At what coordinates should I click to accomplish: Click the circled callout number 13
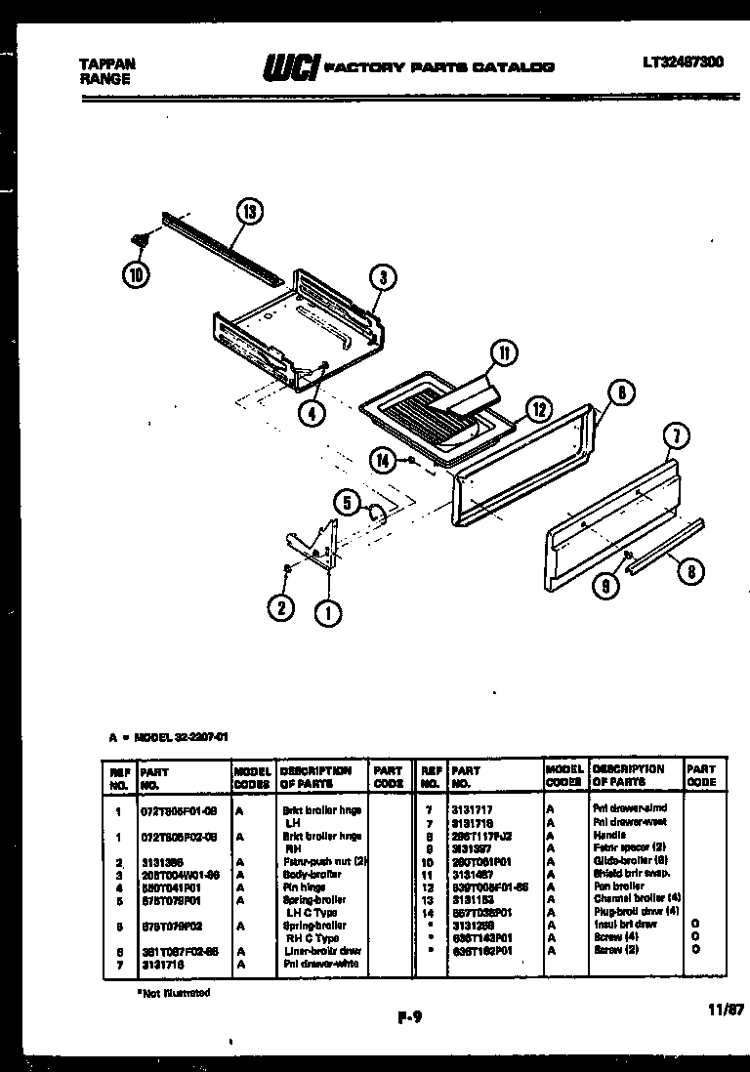click(x=249, y=211)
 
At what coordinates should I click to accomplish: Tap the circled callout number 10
click(x=137, y=274)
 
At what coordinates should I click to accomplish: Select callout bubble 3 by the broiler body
click(x=383, y=278)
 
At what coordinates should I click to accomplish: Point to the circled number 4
click(x=311, y=412)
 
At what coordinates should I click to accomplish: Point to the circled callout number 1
click(x=328, y=614)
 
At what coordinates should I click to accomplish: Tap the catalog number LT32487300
click(x=683, y=62)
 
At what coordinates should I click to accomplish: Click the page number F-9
click(x=410, y=1016)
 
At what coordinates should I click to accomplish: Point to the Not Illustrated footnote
click(x=173, y=992)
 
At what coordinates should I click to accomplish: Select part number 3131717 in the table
click(x=473, y=809)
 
